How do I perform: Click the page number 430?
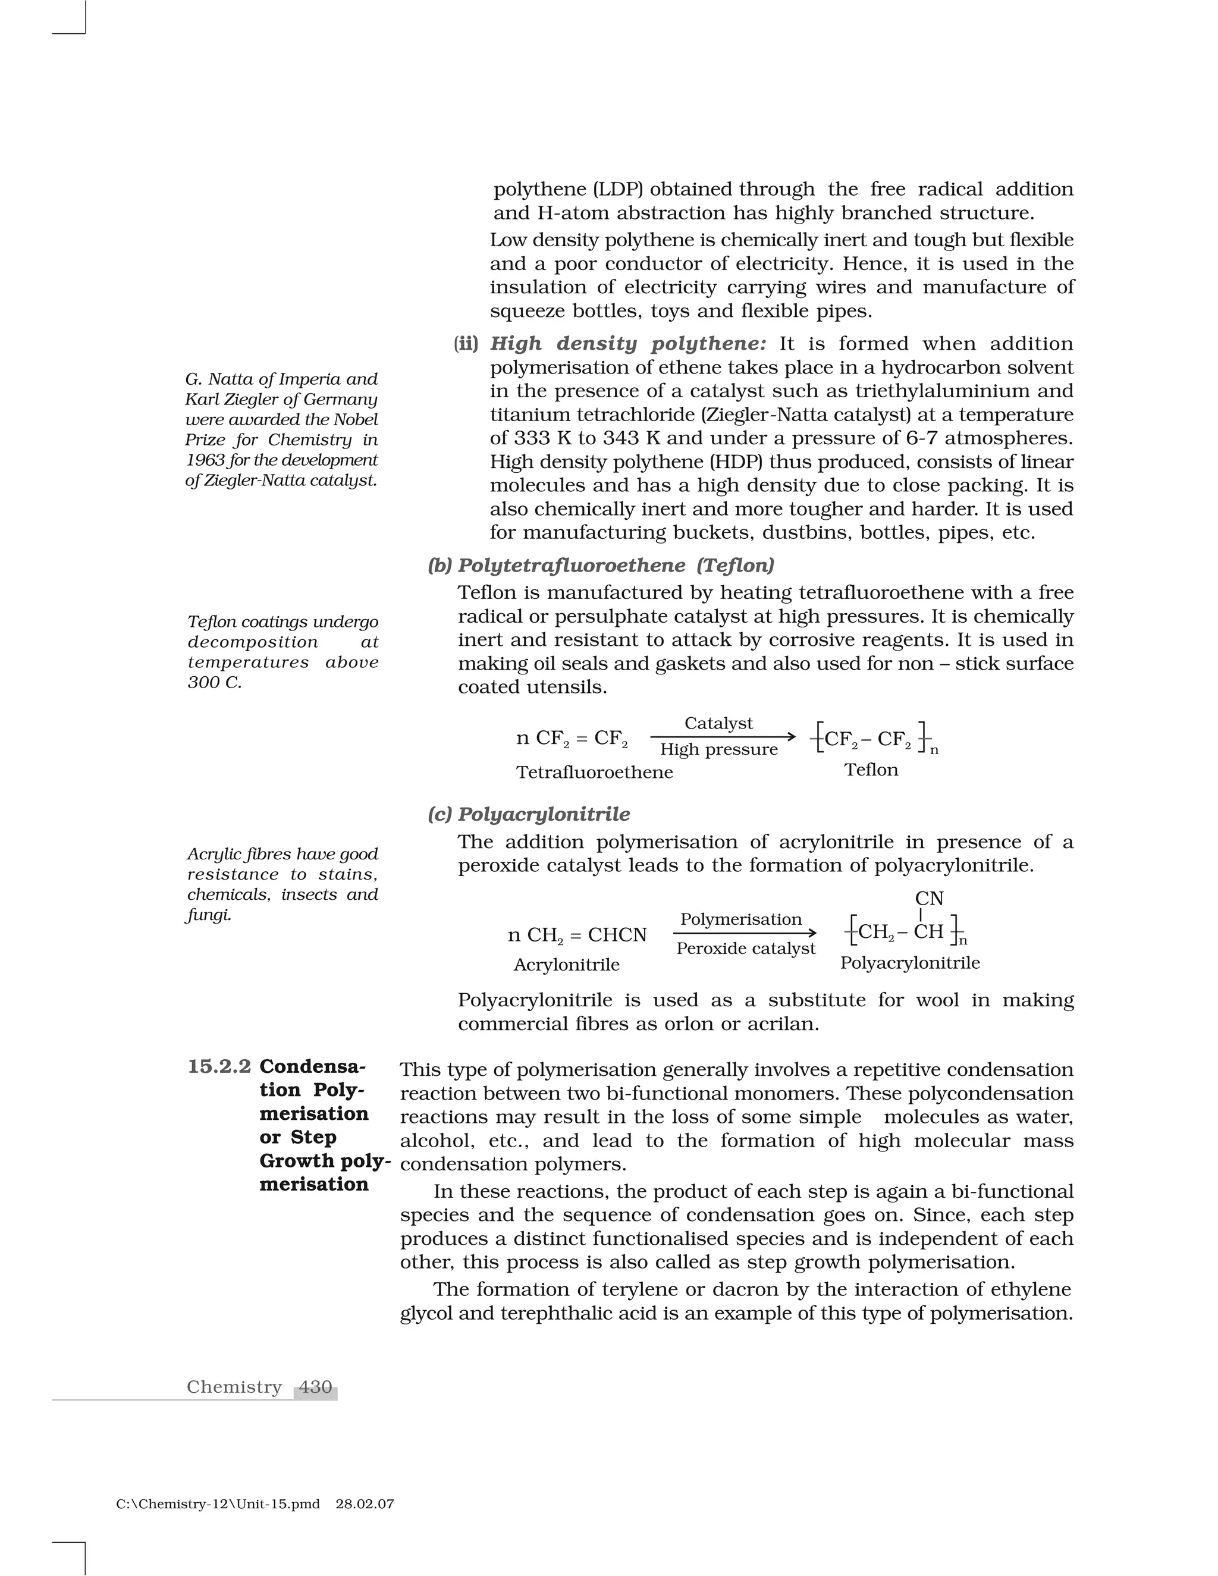click(x=315, y=1387)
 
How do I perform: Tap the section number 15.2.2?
click(x=219, y=1066)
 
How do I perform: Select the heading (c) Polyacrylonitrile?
click(x=528, y=814)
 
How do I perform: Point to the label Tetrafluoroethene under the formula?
click(x=595, y=772)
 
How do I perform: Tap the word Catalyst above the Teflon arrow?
click(x=718, y=723)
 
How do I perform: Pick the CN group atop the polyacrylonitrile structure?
click(x=928, y=899)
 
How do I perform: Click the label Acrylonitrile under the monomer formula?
click(x=566, y=965)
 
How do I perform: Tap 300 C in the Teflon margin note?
click(x=214, y=682)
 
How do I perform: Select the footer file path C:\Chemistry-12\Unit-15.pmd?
click(x=217, y=1505)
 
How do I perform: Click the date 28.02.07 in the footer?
click(x=365, y=1505)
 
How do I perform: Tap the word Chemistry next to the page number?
click(x=234, y=1387)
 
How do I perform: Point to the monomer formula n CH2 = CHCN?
click(x=577, y=935)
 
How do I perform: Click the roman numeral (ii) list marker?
click(x=466, y=344)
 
